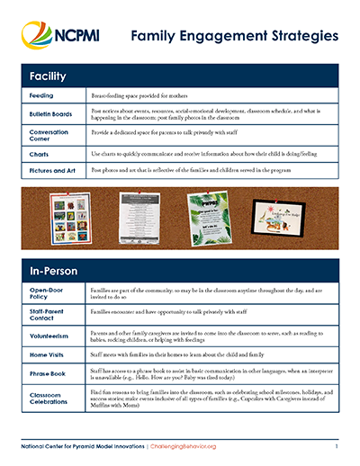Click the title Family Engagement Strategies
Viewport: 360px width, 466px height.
(x=234, y=37)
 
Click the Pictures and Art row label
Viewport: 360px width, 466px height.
(x=49, y=168)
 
